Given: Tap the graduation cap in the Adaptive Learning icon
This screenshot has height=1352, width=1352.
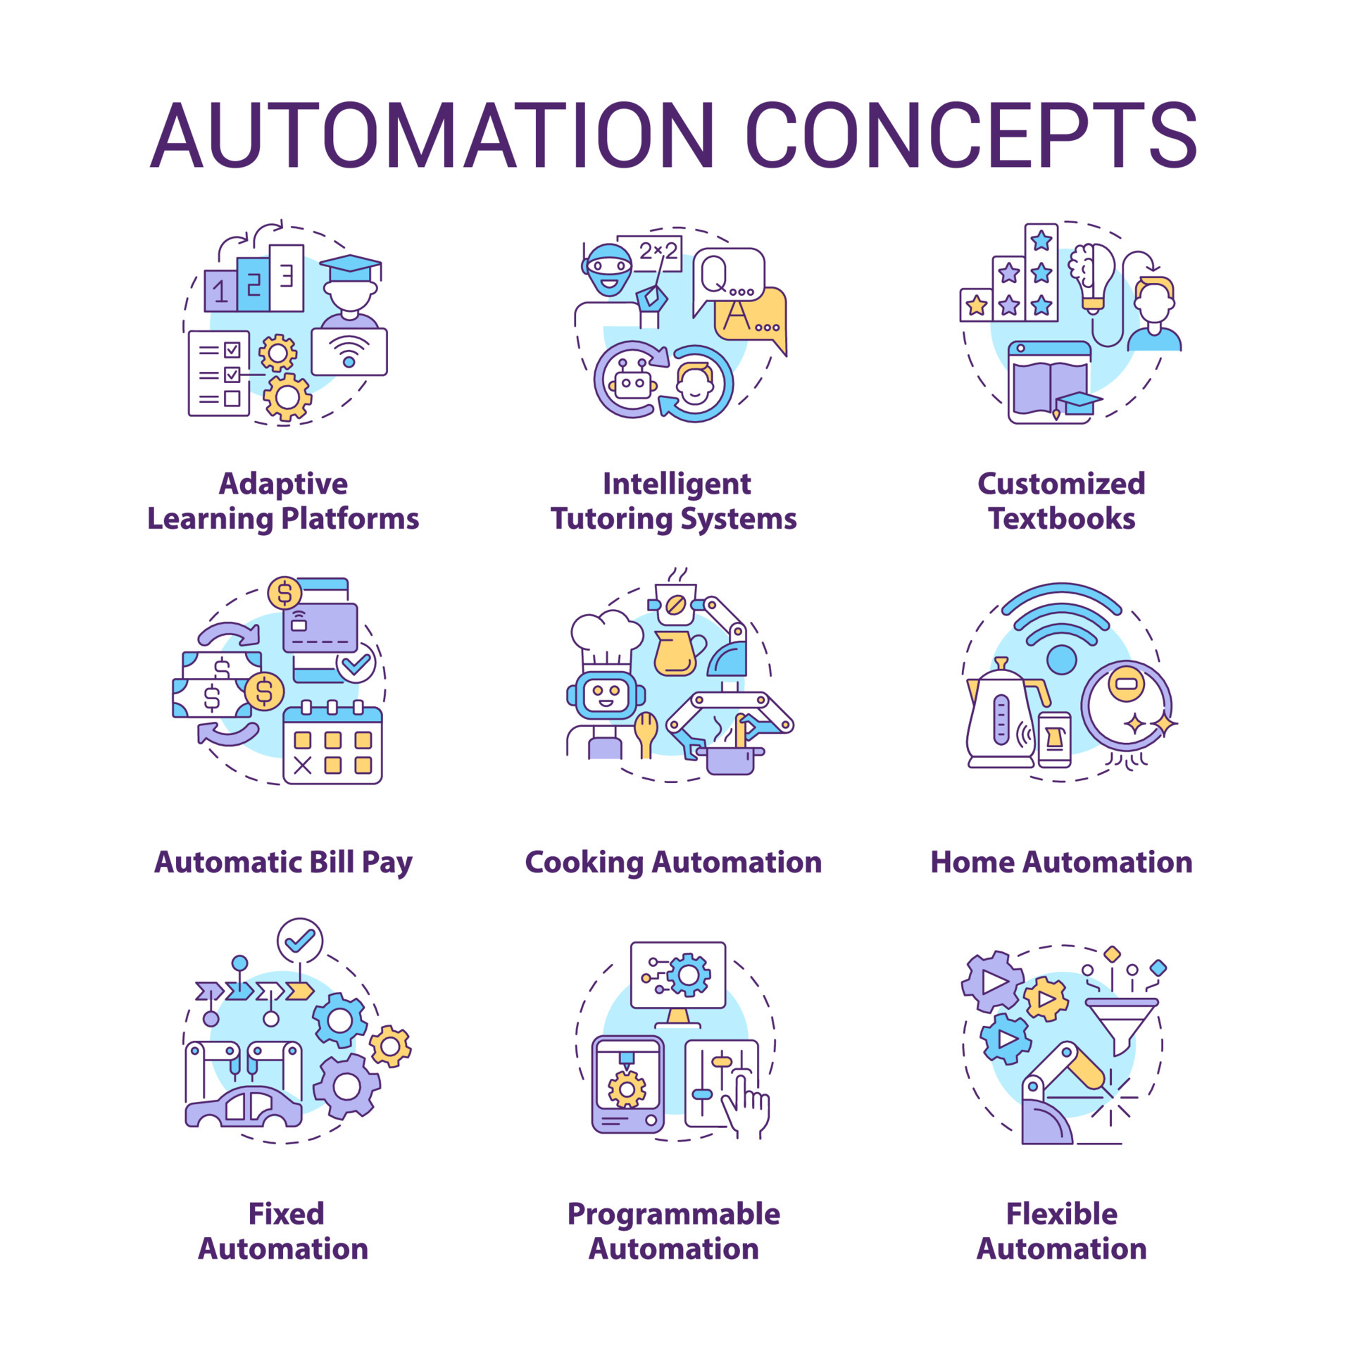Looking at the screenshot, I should point(350,267).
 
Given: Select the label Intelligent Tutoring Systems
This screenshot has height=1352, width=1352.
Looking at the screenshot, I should point(674,501).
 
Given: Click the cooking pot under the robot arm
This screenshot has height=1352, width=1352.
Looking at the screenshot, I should point(730,759).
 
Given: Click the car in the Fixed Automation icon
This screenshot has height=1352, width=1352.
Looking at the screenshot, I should point(244,1106).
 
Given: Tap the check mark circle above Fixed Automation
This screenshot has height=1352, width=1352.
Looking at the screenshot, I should point(300,940).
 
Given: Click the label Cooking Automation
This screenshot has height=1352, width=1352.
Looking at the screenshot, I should point(673,863).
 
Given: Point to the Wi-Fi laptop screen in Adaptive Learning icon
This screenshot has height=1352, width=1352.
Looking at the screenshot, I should point(349,351).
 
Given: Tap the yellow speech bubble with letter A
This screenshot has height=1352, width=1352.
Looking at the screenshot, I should point(751,316).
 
